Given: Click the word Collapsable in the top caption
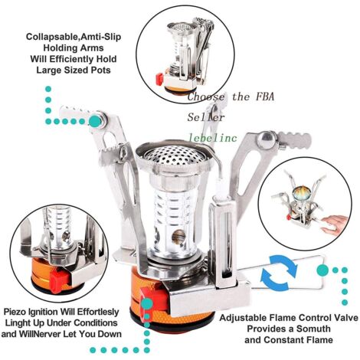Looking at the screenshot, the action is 51,37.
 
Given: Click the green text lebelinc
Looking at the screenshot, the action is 213,138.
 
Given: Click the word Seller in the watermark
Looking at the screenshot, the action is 206,117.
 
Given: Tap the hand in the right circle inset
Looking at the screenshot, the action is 334,224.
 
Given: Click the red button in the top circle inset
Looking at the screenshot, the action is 159,79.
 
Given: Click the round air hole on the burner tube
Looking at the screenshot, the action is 178,237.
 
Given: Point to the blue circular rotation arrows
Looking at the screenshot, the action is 280,273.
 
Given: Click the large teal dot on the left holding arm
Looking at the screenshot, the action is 95,120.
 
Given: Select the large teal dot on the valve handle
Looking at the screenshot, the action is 322,270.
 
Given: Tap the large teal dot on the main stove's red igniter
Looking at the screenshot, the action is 148,303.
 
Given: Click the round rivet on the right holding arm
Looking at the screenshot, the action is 266,139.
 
